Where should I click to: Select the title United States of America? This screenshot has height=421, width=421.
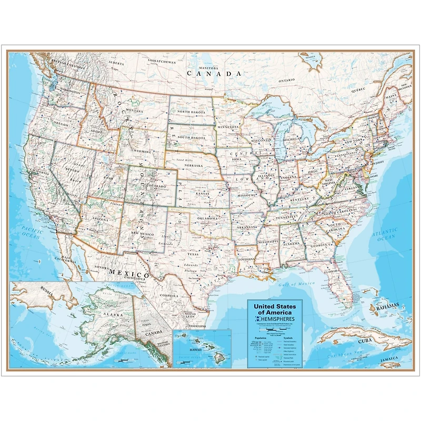point(275,309)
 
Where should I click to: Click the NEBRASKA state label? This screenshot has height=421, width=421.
point(194,165)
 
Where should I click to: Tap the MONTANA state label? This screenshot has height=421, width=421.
point(135,111)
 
